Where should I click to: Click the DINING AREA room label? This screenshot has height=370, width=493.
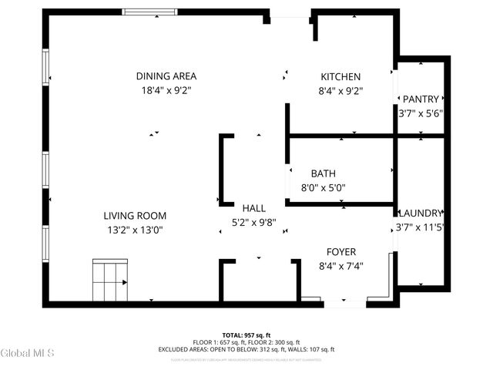[x=166, y=76]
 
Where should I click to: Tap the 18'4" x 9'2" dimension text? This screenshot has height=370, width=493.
[x=166, y=90]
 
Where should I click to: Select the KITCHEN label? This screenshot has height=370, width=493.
[x=340, y=76]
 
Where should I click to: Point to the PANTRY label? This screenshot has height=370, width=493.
[x=421, y=99]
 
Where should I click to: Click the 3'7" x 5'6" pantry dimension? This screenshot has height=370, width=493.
[x=421, y=113]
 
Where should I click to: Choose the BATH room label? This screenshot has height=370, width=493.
[x=323, y=173]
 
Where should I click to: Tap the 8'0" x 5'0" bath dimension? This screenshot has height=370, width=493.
[x=323, y=187]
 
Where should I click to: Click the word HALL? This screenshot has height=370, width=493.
[x=254, y=208]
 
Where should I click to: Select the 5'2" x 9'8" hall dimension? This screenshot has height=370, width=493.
[x=254, y=222]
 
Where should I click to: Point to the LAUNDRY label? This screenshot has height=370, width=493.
[x=421, y=213]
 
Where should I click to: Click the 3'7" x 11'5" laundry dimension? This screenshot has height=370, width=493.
[x=421, y=227]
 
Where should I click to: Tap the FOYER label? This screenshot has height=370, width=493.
[x=340, y=251]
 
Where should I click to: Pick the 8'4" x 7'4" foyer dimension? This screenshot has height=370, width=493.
[x=340, y=266]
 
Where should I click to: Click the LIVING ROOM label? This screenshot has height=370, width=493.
[x=136, y=216]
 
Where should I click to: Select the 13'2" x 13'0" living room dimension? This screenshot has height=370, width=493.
[x=136, y=230]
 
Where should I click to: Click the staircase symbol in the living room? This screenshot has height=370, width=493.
[x=110, y=281]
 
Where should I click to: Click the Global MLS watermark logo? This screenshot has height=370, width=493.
[x=28, y=353]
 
